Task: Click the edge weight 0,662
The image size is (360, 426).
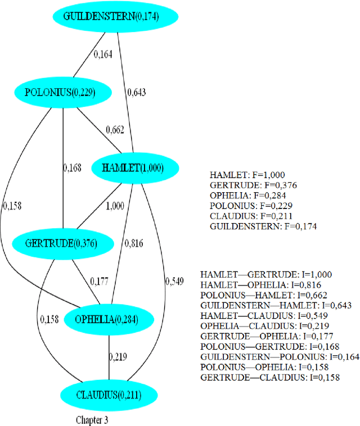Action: tap(115, 130)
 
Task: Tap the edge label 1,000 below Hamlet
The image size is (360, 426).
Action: tap(115, 206)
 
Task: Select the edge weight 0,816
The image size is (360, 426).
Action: tap(134, 243)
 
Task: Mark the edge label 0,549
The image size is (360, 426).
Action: tap(174, 281)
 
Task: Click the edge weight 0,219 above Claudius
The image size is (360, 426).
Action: tap(118, 356)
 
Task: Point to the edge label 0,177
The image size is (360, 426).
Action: tap(99, 281)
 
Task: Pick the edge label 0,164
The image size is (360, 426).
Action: tap(102, 55)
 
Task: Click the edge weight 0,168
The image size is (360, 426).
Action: tap(72, 167)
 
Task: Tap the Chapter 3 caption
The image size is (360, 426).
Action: tap(92, 419)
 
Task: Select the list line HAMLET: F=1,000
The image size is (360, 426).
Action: tap(244, 175)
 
